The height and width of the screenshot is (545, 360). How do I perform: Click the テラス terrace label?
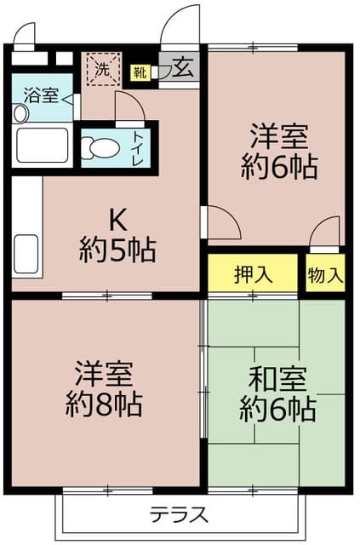click(180, 514)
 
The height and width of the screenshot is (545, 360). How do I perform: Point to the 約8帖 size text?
click(105, 404)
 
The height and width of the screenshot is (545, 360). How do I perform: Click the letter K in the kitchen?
click(117, 221)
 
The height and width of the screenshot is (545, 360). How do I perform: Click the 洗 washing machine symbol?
click(102, 68)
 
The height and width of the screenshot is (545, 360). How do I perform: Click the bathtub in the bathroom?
click(43, 146)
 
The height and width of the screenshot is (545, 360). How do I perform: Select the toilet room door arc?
click(129, 108)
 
